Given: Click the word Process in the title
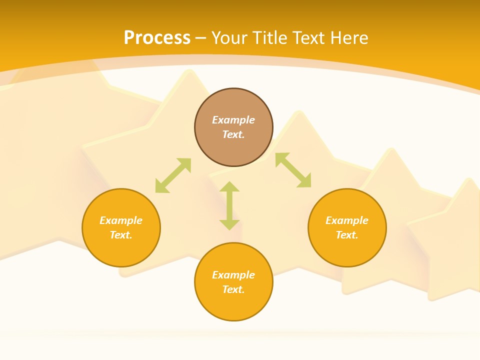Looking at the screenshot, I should point(157,38).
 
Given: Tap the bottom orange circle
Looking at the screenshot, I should point(233,305).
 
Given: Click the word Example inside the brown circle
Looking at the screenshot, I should point(233,120).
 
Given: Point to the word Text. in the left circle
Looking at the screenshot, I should point(121,235).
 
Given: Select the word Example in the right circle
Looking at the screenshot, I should point(347,220).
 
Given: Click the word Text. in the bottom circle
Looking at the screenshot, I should point(233,289).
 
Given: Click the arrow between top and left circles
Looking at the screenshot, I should point(173,175).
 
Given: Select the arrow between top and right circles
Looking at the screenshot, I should point(293,170).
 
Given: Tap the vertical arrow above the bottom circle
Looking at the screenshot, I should point(229,205).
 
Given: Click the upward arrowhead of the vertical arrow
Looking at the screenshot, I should point(229,186).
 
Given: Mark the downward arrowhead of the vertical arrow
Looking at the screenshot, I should point(229,224).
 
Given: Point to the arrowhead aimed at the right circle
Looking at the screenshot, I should point(305,181).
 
